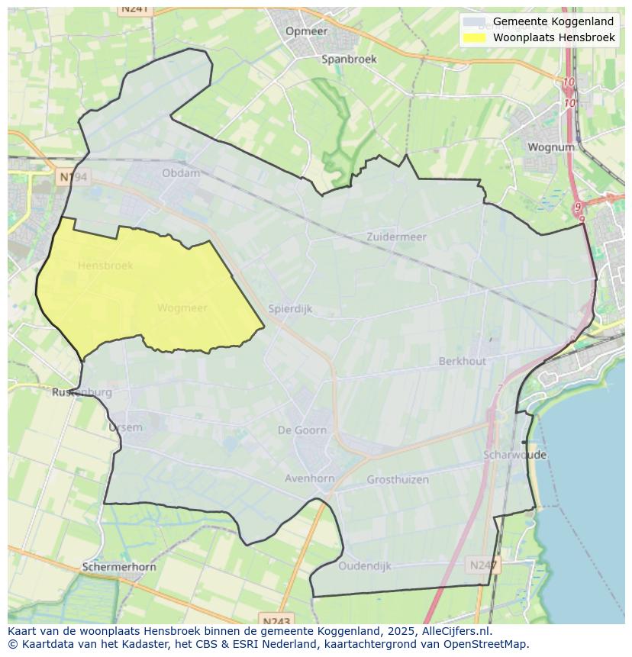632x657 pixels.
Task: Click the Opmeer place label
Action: [x=306, y=31]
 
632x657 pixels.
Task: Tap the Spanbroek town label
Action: [x=349, y=59]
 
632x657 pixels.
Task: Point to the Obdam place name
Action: [x=181, y=173]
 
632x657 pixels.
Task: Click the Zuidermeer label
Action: [x=396, y=237]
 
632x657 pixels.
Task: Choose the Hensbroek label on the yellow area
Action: [x=105, y=266]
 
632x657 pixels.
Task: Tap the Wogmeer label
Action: [x=182, y=308]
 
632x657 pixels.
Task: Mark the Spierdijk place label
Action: [x=290, y=309]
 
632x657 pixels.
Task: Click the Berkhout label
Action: [x=462, y=361]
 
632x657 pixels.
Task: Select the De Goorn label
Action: [x=302, y=430]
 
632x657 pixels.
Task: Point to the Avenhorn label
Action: [x=309, y=478]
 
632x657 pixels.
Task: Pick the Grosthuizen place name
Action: [x=398, y=479]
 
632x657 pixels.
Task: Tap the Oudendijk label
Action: [x=365, y=566]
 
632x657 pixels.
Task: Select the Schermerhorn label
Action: [x=119, y=567]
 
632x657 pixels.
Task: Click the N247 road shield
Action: [x=483, y=565]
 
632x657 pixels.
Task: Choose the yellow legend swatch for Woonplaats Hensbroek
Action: [x=474, y=37]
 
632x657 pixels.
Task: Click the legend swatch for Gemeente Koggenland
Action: [x=474, y=21]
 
